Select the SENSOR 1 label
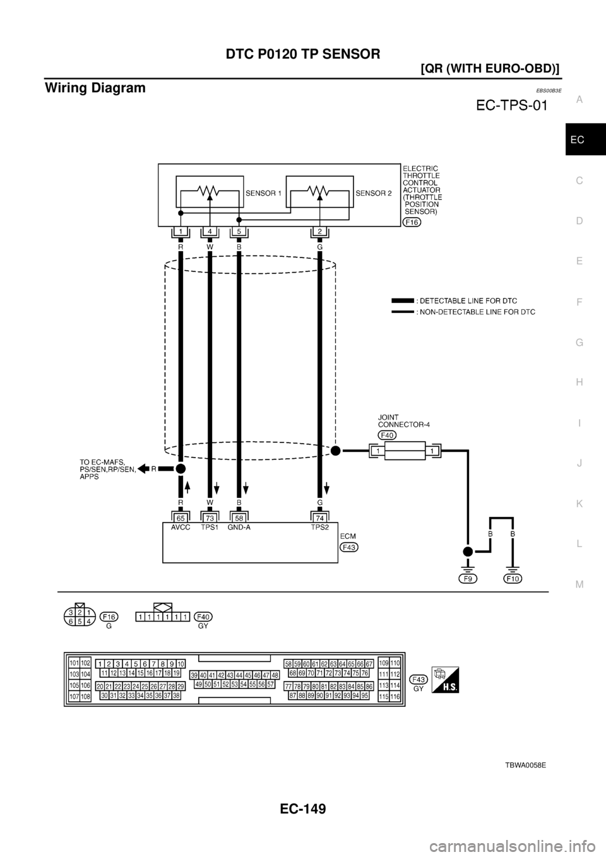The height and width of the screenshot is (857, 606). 264,192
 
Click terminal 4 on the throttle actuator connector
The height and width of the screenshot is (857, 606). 210,232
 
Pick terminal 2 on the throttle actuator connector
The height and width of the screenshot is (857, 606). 320,232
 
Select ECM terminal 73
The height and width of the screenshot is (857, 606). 210,517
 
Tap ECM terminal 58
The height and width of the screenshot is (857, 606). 239,517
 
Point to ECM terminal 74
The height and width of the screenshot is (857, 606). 320,517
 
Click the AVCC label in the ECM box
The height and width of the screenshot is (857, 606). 181,528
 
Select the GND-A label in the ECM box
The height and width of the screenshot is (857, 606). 239,528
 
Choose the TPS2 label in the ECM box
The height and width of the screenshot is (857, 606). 320,528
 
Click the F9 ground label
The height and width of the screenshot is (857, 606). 468,577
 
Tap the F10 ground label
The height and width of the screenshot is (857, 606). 513,577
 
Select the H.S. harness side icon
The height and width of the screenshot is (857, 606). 445,680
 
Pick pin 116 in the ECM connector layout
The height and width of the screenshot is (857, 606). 395,696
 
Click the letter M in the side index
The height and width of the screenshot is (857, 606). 579,584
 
